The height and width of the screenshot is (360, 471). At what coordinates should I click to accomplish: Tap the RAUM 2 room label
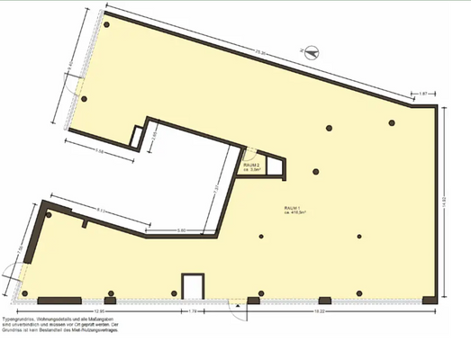pyautogui.click(x=251, y=166)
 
